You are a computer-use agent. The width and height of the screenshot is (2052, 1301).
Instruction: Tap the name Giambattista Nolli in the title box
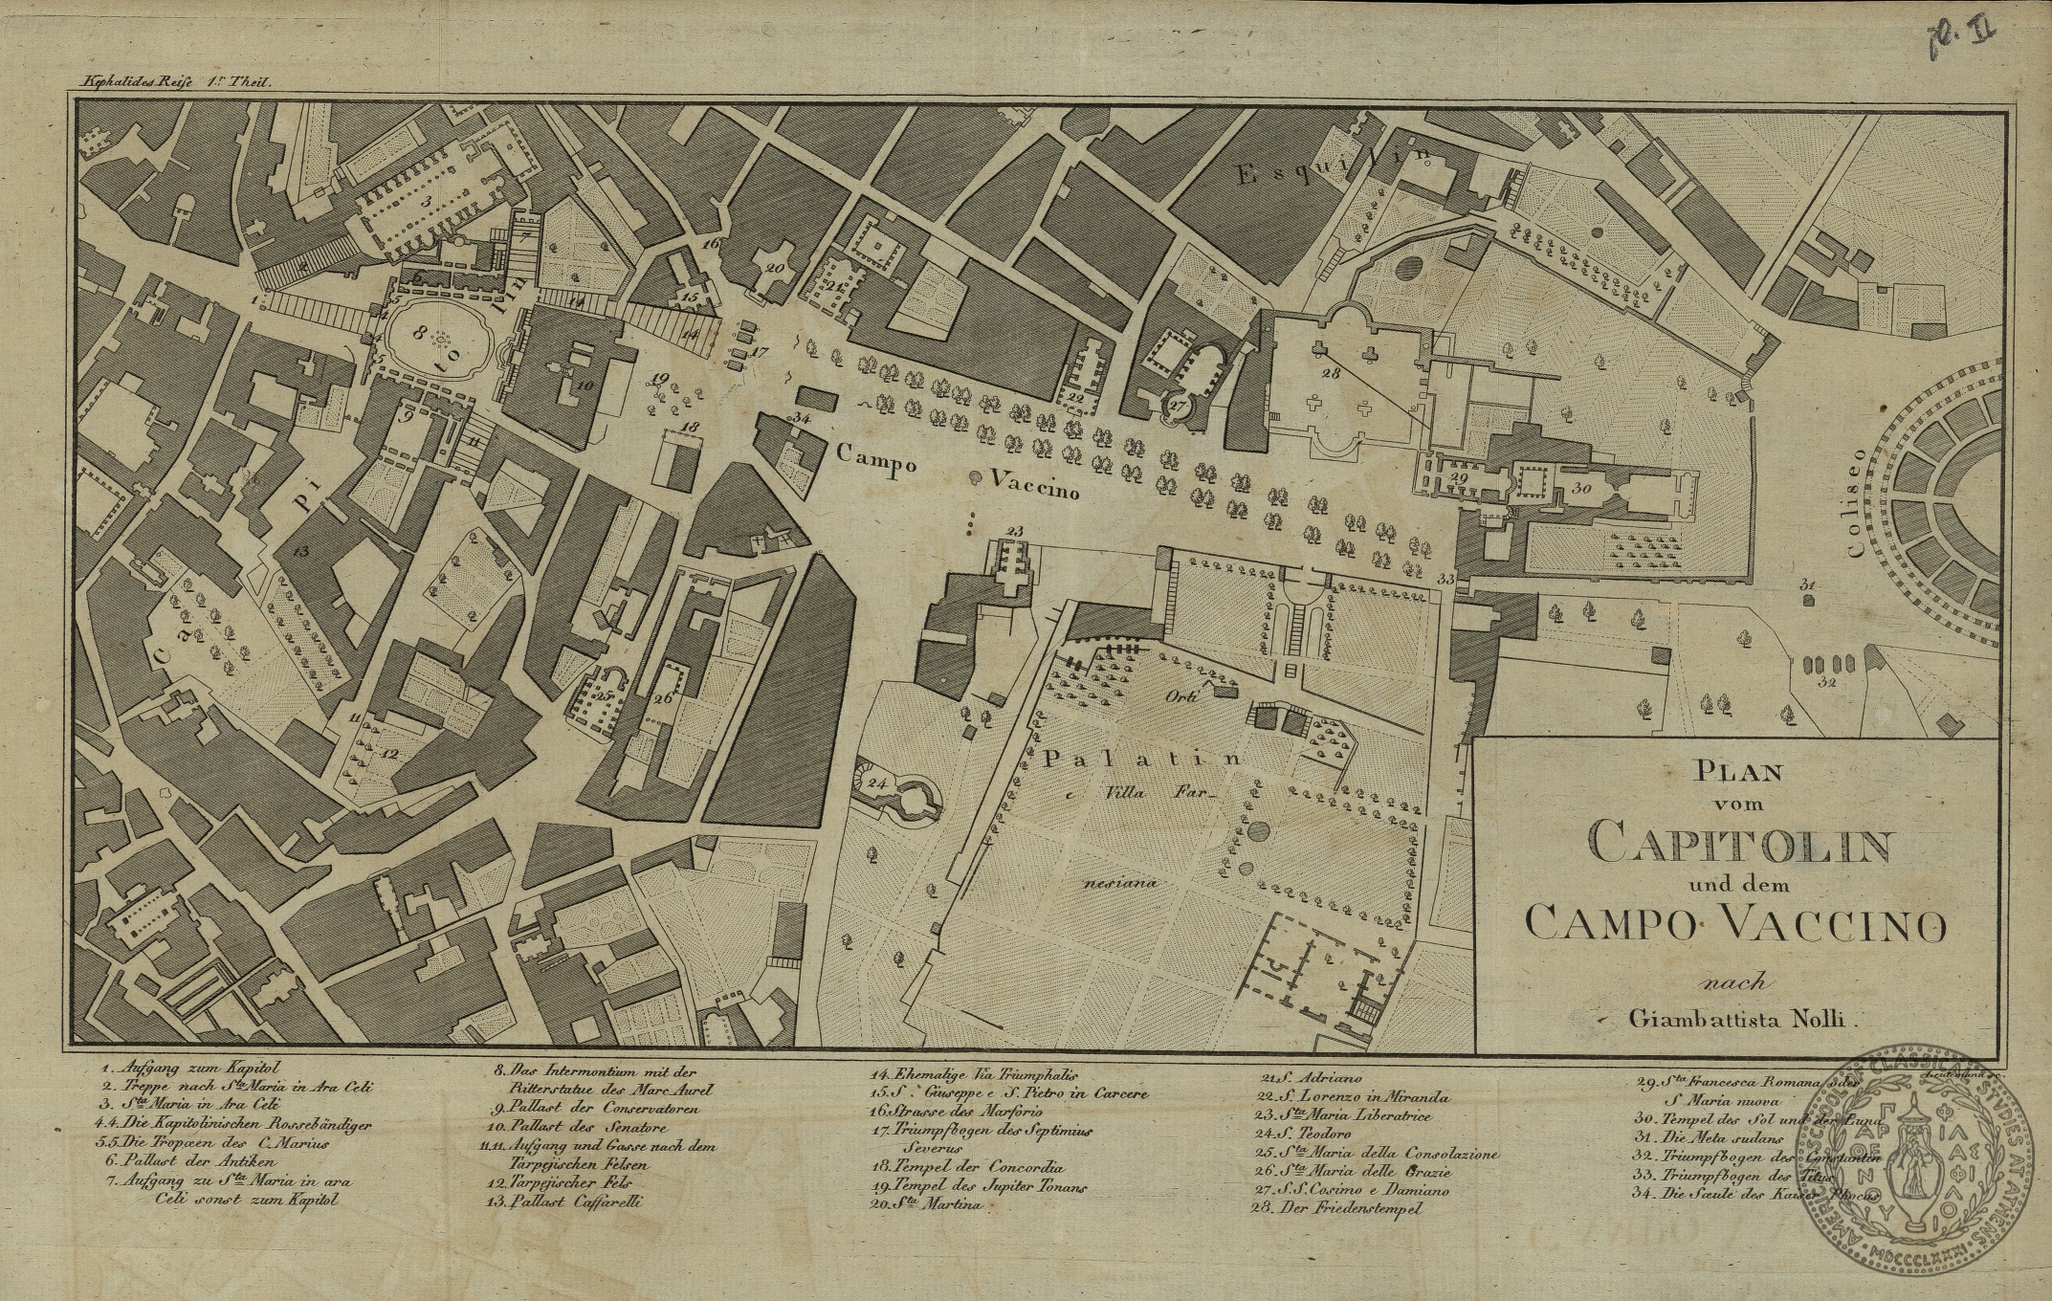(1741, 1020)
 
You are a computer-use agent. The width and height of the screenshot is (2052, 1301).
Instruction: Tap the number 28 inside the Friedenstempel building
(1330, 373)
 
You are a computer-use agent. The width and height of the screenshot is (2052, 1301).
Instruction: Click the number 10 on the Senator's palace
(585, 385)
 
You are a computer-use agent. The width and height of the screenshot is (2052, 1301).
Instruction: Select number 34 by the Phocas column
(802, 418)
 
